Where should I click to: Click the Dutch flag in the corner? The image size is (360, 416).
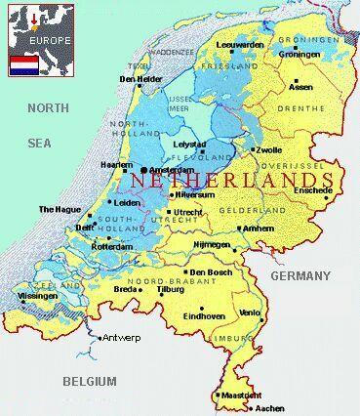pyautogui.click(x=23, y=65)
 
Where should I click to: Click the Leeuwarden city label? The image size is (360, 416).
pyautogui.click(x=240, y=44)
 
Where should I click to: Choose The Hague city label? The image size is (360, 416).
pyautogui.click(x=59, y=209)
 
